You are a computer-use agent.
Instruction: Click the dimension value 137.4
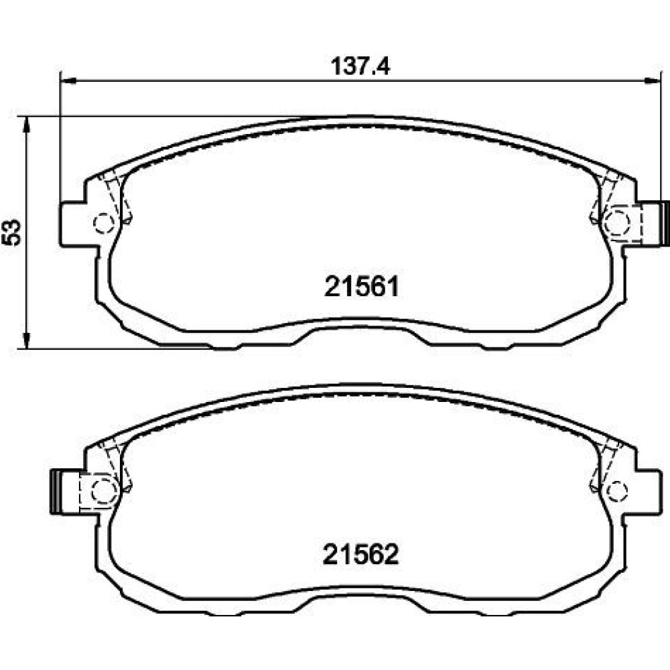coord(360,66)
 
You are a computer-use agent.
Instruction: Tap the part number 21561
coord(362,286)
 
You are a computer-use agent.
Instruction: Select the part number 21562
coord(361,554)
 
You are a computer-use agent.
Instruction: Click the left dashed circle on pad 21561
coord(104,222)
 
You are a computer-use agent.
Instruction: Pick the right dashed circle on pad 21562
coord(618,490)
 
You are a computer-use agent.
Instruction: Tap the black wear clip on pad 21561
coord(665,224)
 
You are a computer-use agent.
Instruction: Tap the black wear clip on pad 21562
coord(55,491)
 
